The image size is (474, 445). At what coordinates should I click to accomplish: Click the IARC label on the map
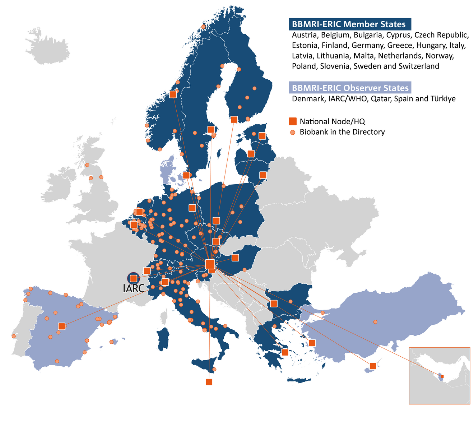(x=134, y=288)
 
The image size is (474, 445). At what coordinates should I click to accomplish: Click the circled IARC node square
(x=133, y=278)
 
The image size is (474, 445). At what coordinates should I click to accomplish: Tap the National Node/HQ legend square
(x=293, y=121)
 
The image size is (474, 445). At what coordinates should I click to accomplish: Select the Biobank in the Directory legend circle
(x=293, y=132)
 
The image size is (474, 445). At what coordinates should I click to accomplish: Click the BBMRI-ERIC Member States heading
(x=350, y=24)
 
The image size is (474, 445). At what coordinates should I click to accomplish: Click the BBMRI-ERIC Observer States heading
(x=350, y=88)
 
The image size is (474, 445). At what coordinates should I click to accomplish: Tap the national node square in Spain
(x=62, y=326)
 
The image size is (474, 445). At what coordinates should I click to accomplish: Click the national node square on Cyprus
(x=373, y=366)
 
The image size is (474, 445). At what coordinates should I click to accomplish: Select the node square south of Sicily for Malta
(x=209, y=382)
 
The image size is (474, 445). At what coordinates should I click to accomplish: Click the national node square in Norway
(x=173, y=94)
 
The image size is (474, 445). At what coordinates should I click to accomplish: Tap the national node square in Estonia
(x=262, y=136)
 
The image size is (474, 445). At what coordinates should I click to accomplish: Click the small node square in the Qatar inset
(x=442, y=376)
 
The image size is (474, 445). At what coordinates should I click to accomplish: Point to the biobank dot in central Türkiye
(x=375, y=322)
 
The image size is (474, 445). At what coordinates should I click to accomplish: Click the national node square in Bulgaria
(x=274, y=303)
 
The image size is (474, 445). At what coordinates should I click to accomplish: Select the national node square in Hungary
(x=235, y=258)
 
